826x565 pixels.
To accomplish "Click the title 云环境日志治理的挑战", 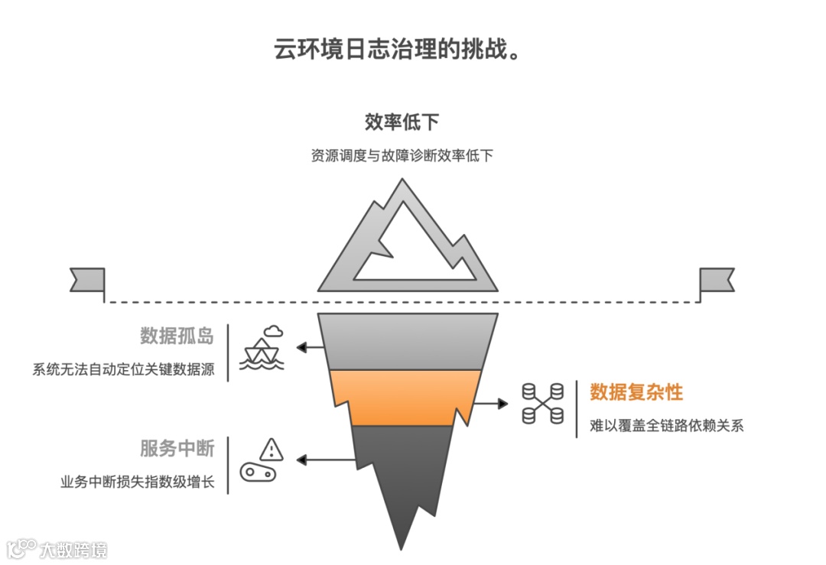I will (398, 50).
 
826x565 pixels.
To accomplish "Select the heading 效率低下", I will (402, 122).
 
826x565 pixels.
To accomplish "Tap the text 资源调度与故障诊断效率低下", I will (402, 156).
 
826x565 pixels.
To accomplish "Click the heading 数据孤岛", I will (177, 336).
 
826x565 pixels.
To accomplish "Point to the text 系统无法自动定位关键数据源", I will (124, 370).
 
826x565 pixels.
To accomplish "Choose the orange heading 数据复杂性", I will (636, 392).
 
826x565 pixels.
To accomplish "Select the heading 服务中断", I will (177, 448).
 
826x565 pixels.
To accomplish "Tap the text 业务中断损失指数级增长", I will (138, 482).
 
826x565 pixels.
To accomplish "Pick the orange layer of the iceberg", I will (405, 396).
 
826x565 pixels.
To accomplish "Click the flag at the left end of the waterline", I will (87, 280).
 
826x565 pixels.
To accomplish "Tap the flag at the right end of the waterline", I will (716, 280).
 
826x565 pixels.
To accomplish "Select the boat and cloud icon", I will (262, 349).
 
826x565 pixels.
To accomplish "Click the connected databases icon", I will (542, 403).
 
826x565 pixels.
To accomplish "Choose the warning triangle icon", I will (271, 450).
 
